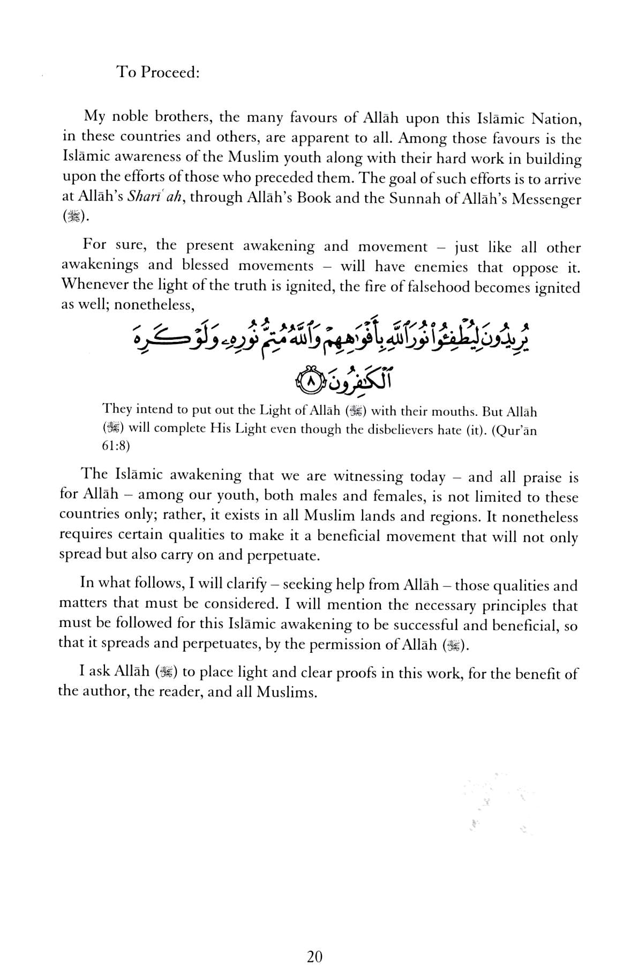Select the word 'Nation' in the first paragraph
(557, 118)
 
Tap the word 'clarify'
(244, 584)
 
